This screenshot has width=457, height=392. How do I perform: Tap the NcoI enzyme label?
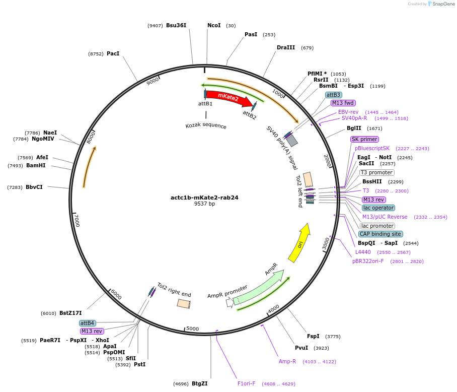(x=214, y=25)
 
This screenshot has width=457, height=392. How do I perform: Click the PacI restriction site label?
(x=113, y=53)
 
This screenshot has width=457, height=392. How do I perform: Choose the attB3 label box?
(x=333, y=95)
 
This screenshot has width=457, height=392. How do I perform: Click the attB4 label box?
(x=87, y=323)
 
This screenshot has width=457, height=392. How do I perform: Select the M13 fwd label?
(x=343, y=103)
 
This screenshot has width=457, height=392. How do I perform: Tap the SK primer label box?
(x=364, y=139)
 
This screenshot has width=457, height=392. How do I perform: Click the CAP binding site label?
(x=380, y=234)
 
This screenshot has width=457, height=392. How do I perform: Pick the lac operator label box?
(x=378, y=208)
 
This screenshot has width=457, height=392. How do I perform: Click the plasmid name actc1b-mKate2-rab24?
(x=204, y=198)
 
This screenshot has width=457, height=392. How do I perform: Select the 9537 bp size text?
(x=204, y=204)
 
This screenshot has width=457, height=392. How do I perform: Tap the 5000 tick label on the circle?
(x=193, y=329)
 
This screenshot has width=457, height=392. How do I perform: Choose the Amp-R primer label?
(x=287, y=361)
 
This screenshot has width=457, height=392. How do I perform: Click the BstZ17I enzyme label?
(x=70, y=313)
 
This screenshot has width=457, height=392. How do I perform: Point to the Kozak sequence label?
(x=206, y=125)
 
